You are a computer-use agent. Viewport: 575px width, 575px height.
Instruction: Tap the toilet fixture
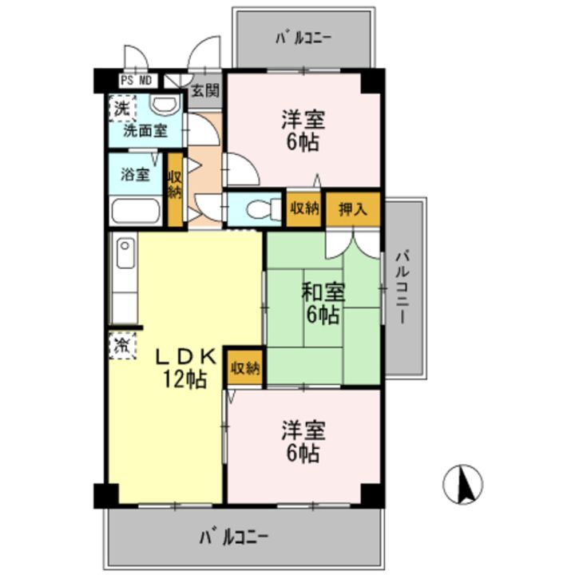258,209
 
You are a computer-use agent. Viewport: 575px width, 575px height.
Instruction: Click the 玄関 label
205,91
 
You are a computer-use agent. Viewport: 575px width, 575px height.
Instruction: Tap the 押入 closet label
352,210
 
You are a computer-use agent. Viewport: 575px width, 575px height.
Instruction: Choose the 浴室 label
135,173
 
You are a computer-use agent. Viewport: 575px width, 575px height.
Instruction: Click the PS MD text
137,80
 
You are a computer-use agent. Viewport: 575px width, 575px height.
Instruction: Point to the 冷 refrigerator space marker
121,346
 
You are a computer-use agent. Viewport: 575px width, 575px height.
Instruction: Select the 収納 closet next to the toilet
304,209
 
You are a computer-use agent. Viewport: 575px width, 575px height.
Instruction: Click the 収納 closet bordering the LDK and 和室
245,368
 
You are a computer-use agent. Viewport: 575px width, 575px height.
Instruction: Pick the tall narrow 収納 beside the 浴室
175,185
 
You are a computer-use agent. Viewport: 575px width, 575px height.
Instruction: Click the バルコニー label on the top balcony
303,37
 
